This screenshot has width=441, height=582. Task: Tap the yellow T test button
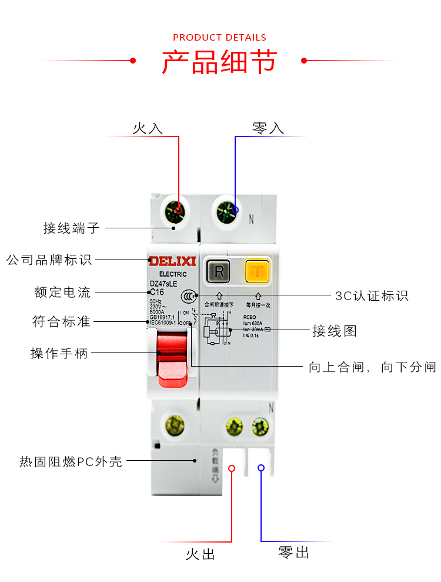257,271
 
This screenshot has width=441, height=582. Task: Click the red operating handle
172,359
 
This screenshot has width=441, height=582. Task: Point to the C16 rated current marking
157,292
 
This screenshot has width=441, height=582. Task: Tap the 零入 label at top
268,128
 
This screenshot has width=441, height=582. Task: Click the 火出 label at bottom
201,554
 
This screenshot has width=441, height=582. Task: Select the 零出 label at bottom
293,552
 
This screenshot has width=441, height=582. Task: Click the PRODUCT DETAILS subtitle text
219,38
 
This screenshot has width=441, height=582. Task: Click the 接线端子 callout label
72,228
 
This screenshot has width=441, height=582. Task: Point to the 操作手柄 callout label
59,353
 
